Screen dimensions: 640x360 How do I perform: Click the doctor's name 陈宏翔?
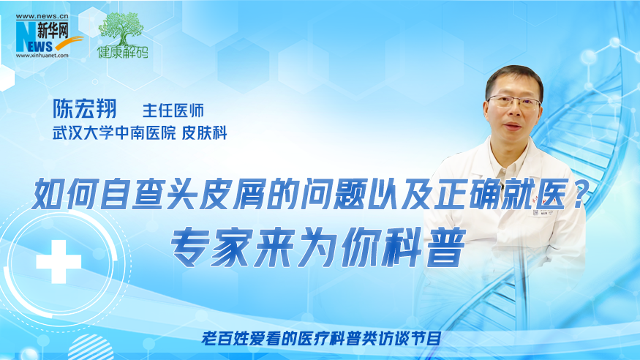[85, 108]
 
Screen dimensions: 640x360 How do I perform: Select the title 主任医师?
[173, 110]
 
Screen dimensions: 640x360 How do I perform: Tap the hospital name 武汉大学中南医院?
[114, 133]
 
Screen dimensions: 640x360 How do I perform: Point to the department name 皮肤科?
[204, 133]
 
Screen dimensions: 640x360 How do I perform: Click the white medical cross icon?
[59, 262]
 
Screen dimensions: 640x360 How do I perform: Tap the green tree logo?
[121, 29]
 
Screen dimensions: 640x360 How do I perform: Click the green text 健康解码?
[122, 52]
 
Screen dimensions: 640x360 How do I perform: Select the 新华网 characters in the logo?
[53, 30]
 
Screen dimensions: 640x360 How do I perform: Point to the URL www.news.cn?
[42, 16]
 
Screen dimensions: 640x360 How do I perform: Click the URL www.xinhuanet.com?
[42, 56]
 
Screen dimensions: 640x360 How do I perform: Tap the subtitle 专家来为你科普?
[318, 247]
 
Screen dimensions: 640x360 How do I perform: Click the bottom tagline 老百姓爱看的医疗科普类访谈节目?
[321, 338]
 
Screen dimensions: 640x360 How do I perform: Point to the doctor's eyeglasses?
[514, 102]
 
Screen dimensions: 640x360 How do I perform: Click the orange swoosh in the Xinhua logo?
[69, 42]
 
